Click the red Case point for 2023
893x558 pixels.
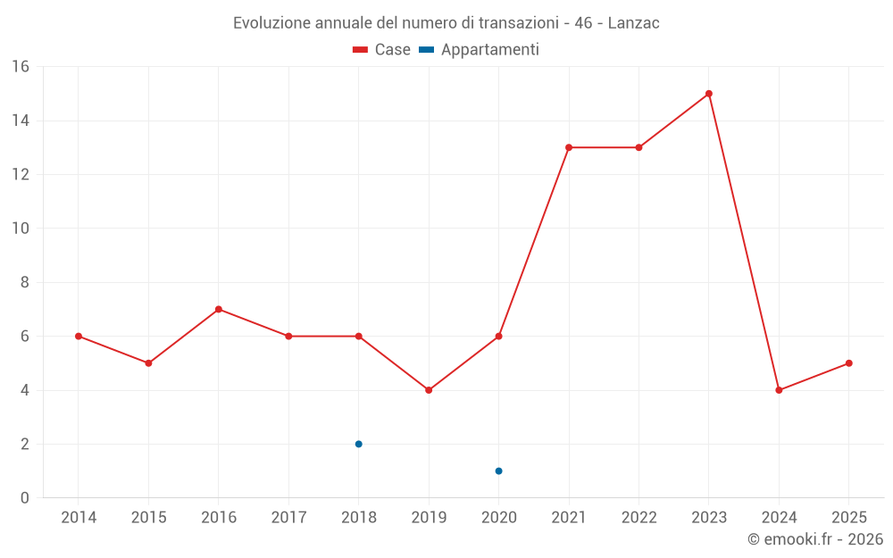[x=709, y=94]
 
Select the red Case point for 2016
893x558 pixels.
[x=219, y=310]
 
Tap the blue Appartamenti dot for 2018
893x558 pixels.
[x=359, y=444]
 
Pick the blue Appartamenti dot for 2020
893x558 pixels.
[x=499, y=471]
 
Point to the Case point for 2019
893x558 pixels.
[x=429, y=390]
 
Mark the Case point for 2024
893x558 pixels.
[x=779, y=390]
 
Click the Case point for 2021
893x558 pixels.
[x=569, y=147]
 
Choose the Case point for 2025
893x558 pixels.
[x=849, y=363]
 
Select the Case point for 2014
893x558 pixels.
[x=79, y=337]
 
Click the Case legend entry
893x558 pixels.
[x=382, y=50]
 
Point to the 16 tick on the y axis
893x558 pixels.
[x=21, y=67]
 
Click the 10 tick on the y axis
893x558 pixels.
[x=21, y=229]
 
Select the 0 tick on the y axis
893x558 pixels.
[x=25, y=498]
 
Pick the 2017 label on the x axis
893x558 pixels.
[x=288, y=518]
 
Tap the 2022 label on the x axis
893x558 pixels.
[x=638, y=518]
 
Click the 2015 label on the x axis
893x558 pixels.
[x=148, y=518]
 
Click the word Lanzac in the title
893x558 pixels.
[x=634, y=23]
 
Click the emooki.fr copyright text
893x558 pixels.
[x=815, y=539]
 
